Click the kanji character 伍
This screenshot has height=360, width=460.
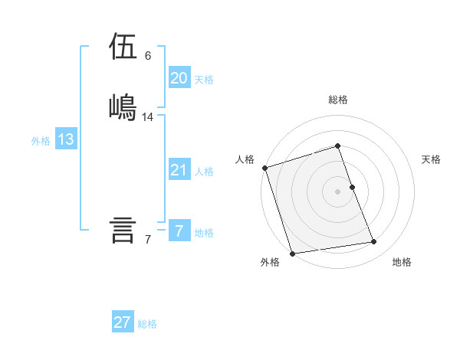(x=123, y=47)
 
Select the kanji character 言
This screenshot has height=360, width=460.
(x=123, y=230)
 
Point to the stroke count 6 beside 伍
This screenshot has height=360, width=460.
(x=148, y=56)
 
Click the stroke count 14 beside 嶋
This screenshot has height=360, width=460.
(x=148, y=117)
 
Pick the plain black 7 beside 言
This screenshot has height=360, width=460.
(x=148, y=240)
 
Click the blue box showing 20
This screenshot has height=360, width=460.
(x=179, y=77)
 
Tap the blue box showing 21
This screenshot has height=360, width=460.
(x=179, y=170)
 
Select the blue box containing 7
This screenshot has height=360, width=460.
(x=179, y=231)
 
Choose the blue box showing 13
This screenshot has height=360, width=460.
(x=66, y=139)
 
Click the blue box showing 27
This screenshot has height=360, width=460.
(x=123, y=322)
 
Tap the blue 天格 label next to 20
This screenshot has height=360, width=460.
(x=204, y=80)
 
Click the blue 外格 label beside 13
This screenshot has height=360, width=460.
(x=41, y=141)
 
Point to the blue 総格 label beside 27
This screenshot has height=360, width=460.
(x=147, y=324)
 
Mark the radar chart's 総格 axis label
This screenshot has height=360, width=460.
(x=338, y=100)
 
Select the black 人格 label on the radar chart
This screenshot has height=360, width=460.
(x=245, y=159)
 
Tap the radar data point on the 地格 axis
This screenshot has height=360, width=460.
(x=374, y=242)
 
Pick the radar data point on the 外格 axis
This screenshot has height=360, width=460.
(x=291, y=253)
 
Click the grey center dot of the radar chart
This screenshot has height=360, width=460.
(x=338, y=191)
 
